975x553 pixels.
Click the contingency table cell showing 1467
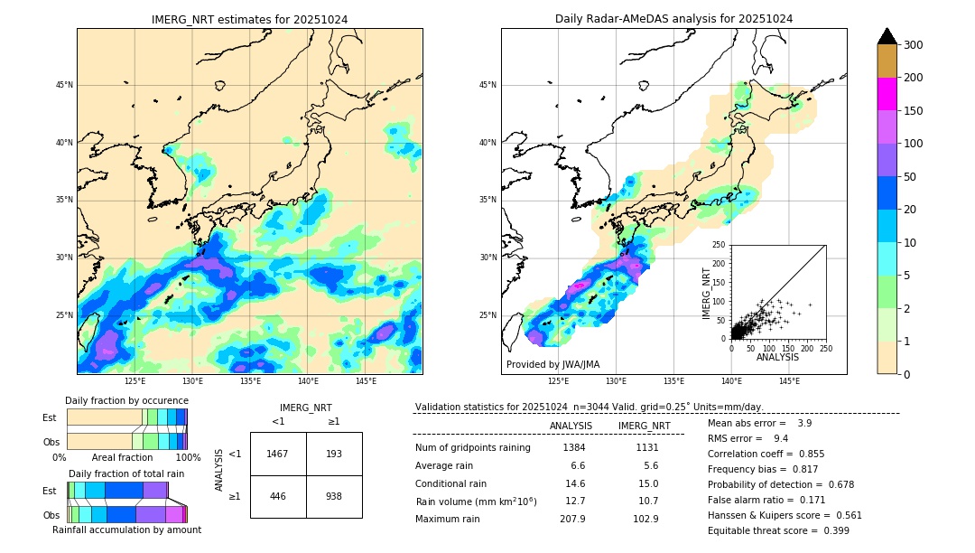[277, 454]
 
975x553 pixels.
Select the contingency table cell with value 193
[334, 454]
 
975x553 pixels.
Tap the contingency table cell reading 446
[277, 496]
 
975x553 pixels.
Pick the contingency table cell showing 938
[334, 496]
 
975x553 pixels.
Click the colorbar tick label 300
[914, 45]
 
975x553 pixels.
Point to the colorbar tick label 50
[910, 177]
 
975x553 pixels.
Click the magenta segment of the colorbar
[887, 94]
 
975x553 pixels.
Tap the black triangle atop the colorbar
[887, 36]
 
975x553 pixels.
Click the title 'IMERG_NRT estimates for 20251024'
[249, 19]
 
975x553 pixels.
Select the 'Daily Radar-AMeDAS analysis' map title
[673, 19]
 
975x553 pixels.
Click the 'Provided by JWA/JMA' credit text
[552, 365]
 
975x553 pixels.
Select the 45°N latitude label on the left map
[64, 85]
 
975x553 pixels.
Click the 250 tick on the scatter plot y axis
[720, 245]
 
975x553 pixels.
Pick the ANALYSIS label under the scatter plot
[777, 358]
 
